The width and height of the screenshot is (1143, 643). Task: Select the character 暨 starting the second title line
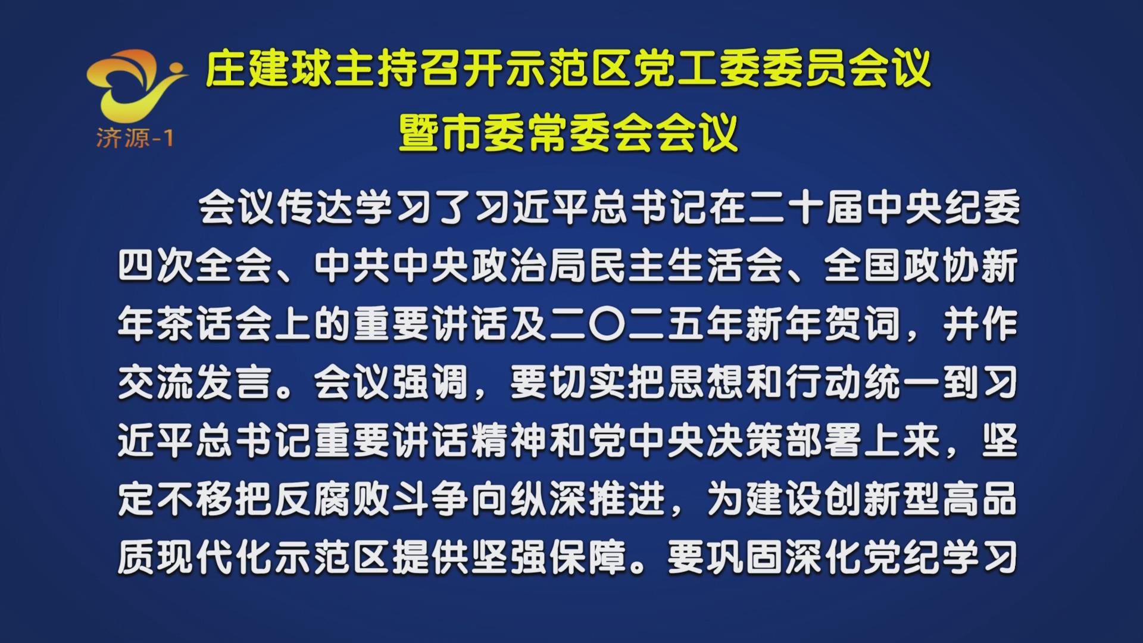click(x=420, y=133)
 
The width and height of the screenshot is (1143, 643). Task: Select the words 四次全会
click(x=195, y=266)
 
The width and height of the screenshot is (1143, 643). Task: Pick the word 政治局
click(x=527, y=266)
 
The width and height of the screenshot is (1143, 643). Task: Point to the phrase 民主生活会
click(x=685, y=266)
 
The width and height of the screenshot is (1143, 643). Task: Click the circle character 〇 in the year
click(x=607, y=324)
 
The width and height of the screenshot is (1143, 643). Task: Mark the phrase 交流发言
click(x=195, y=383)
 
